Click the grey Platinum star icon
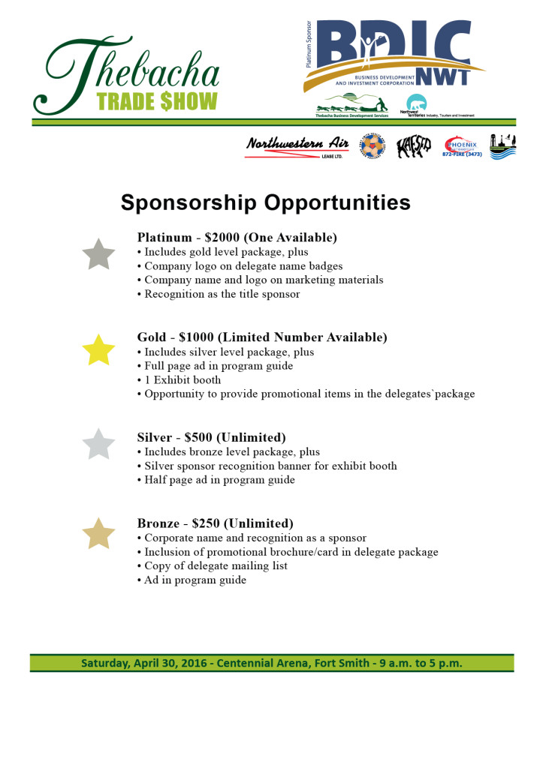[x=98, y=254]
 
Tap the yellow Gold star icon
[x=98, y=350]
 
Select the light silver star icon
[x=98, y=445]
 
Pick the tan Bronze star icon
[x=98, y=533]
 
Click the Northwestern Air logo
[x=297, y=146]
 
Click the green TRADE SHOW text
[x=157, y=101]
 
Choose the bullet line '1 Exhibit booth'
[x=182, y=380]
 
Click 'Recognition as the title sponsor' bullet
[x=222, y=294]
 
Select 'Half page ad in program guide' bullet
[x=219, y=480]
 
